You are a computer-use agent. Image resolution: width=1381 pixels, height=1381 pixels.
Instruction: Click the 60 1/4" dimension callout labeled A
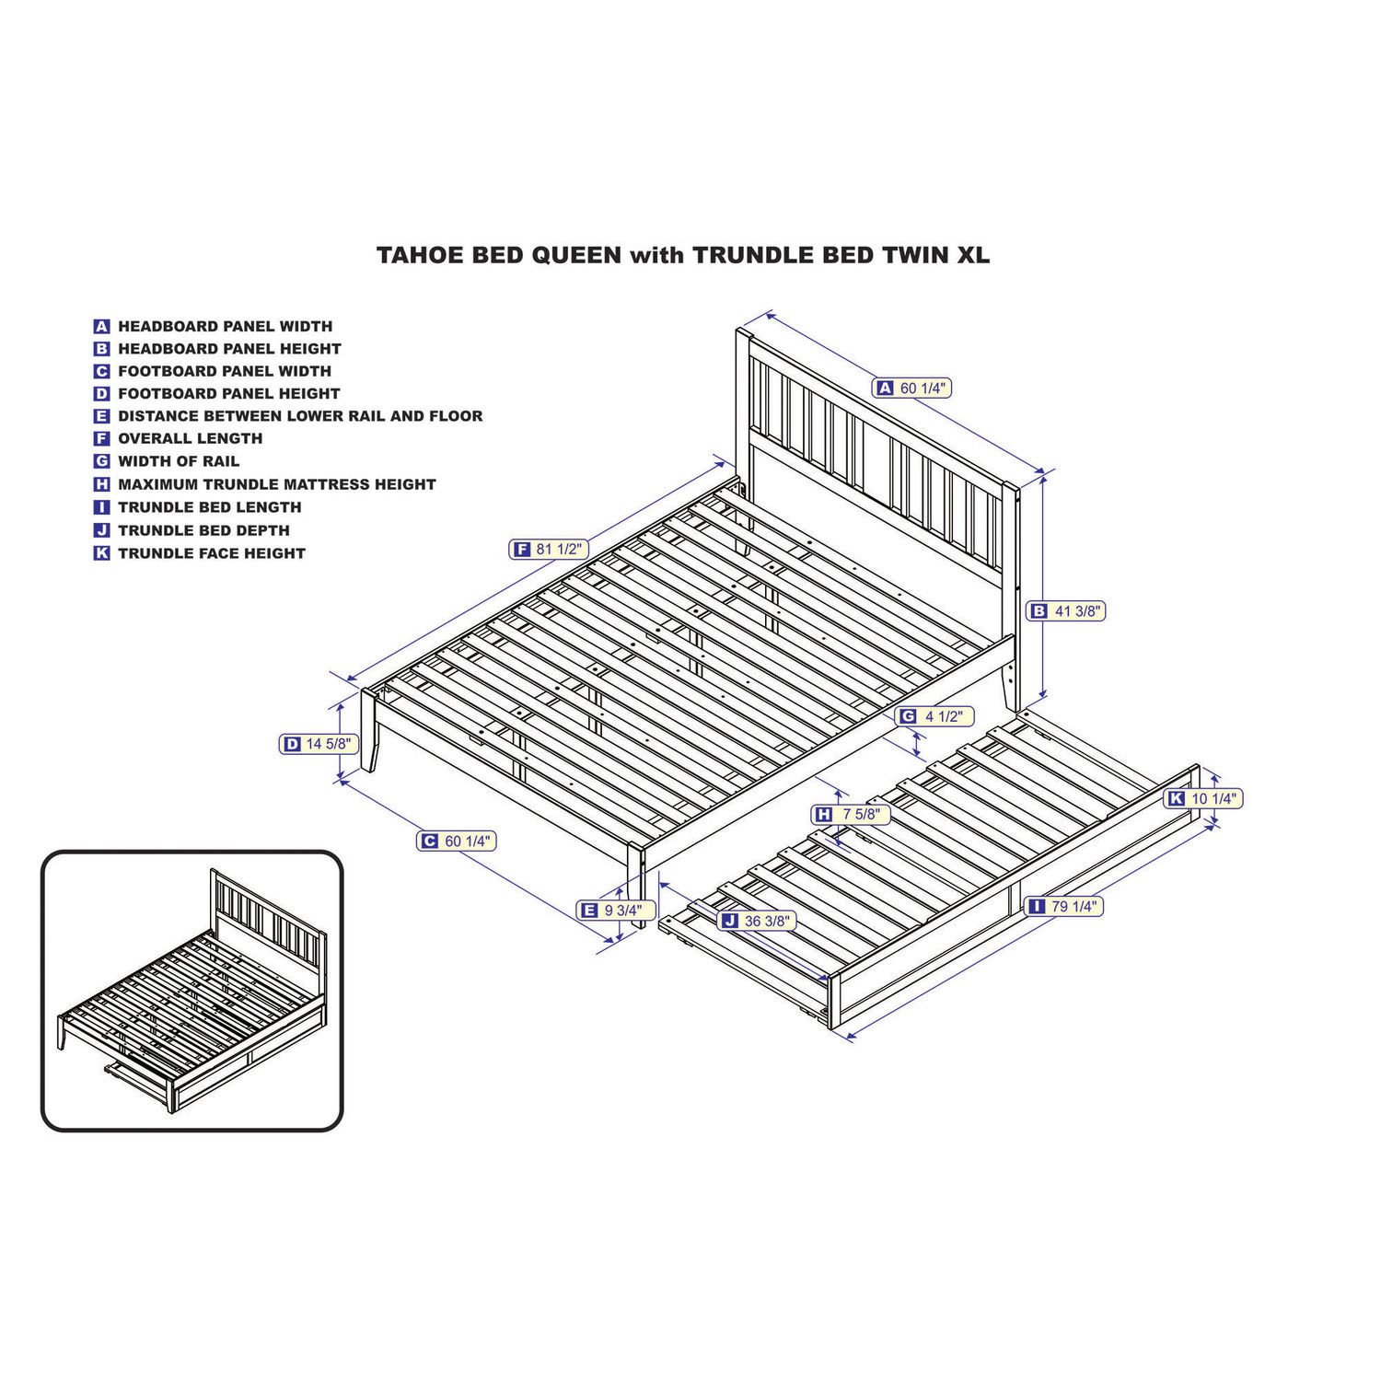(x=911, y=389)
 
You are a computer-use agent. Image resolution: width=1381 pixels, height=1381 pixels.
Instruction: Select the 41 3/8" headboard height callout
(x=1065, y=610)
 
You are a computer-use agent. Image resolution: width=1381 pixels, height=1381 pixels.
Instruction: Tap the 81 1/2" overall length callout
(x=549, y=550)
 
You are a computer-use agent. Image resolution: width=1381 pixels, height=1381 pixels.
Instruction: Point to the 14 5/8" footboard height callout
(x=319, y=744)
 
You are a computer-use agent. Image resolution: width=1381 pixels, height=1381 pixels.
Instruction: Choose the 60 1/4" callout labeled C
(x=457, y=841)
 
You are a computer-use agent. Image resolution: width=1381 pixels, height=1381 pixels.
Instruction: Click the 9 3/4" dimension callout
(x=616, y=911)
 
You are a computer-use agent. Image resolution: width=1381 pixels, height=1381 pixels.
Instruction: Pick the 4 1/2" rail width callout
(x=934, y=716)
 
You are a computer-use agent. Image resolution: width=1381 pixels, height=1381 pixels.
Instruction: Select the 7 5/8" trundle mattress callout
(x=851, y=814)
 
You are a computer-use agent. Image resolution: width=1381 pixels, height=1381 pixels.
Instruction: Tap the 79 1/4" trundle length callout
(x=1063, y=907)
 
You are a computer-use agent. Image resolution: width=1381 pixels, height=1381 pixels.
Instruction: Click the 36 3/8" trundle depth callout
(x=757, y=921)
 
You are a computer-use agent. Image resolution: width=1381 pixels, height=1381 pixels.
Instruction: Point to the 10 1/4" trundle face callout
(x=1203, y=798)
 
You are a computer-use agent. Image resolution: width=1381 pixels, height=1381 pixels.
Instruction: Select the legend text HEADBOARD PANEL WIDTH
(x=226, y=326)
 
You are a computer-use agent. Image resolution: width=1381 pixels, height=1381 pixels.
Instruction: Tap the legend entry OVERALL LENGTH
(x=191, y=438)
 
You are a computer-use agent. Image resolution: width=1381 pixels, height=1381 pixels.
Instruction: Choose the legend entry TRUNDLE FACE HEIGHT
(x=212, y=553)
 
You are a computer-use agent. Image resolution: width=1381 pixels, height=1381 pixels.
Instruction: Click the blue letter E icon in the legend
(x=101, y=416)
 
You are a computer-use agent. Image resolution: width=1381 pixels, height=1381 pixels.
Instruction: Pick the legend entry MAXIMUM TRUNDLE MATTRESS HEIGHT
(x=277, y=484)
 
